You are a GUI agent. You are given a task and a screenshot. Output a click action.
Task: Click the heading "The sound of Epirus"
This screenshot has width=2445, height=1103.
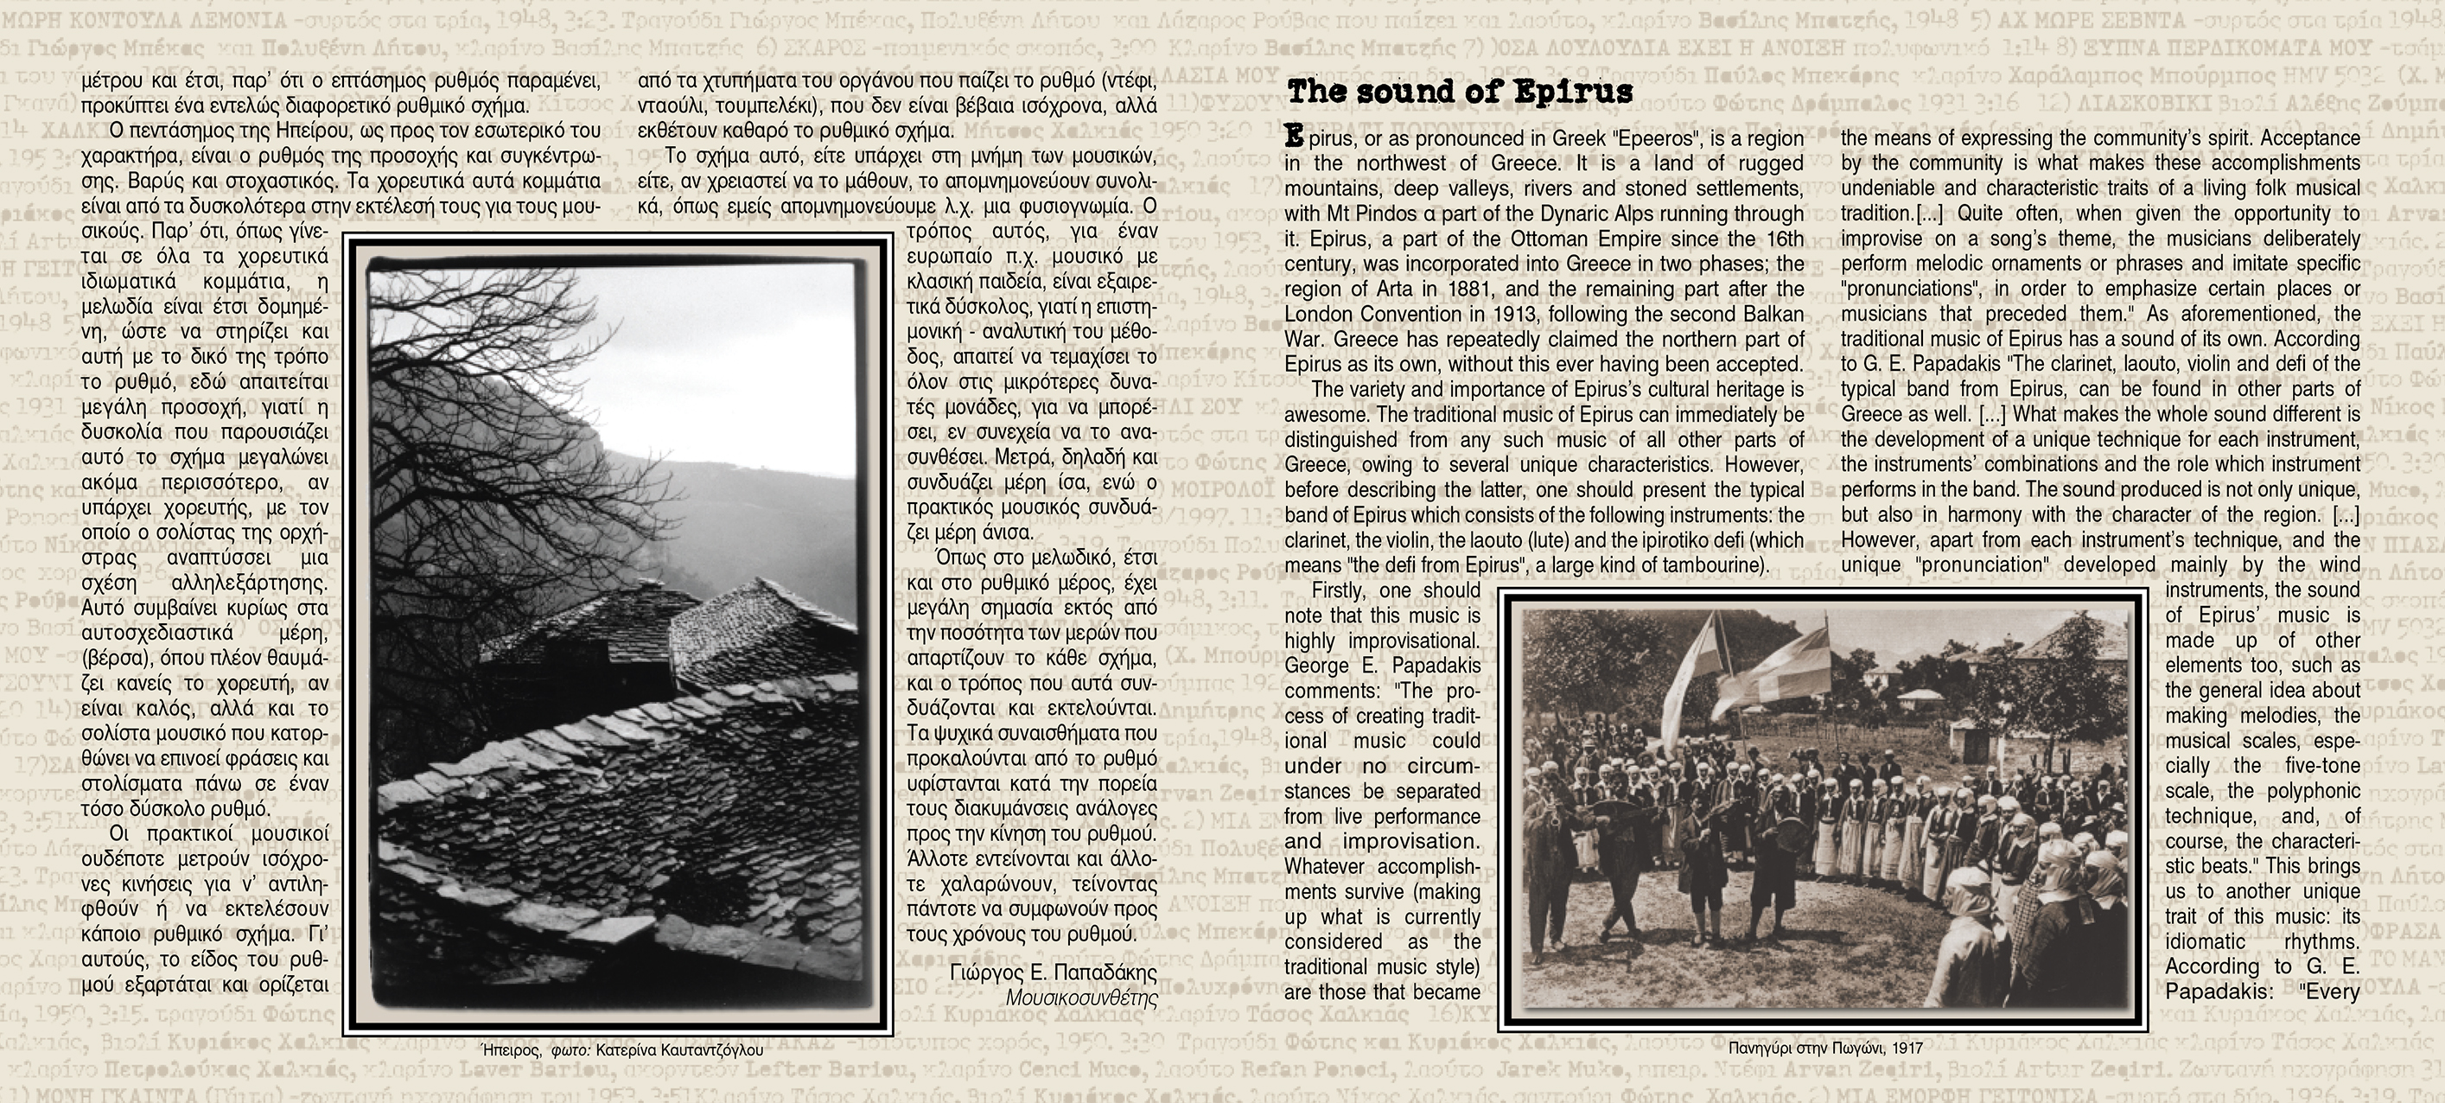pyautogui.click(x=1459, y=92)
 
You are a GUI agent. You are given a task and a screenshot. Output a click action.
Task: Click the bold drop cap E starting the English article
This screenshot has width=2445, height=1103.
pyautogui.click(x=1293, y=137)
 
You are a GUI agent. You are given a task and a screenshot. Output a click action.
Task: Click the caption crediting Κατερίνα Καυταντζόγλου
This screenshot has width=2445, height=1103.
pyautogui.click(x=621, y=1051)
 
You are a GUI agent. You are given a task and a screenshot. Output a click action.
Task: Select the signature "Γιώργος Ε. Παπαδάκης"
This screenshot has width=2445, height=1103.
pyautogui.click(x=1053, y=973)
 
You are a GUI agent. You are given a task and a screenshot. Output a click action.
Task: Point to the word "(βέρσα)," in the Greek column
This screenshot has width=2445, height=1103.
pyautogui.click(x=118, y=658)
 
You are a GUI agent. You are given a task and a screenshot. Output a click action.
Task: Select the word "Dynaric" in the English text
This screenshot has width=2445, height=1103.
pyautogui.click(x=1614, y=214)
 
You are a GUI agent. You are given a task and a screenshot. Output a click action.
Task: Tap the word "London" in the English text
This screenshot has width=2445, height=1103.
pyautogui.click(x=1322, y=314)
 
